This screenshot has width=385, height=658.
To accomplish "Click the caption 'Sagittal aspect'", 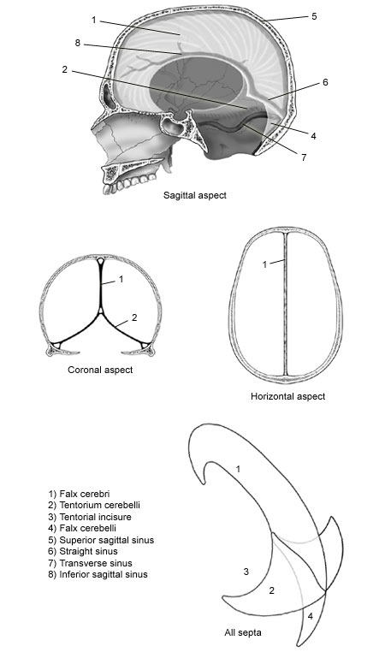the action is tap(194, 195).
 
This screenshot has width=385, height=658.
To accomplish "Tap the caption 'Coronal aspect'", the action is tap(100, 370).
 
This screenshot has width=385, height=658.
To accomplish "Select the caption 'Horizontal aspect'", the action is tap(287, 396).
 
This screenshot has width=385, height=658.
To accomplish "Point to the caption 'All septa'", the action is tap(243, 632).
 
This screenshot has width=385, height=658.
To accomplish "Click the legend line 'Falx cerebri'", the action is tap(80, 494).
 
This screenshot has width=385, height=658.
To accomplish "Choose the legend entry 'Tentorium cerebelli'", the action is tap(94, 505).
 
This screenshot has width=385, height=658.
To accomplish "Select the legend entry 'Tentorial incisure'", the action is tap(90, 517).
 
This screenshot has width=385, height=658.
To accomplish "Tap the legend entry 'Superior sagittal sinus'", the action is tap(101, 540).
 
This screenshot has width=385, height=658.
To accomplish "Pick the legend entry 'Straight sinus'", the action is tap(83, 551).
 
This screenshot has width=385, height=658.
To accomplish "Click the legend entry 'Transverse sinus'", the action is tap(90, 563).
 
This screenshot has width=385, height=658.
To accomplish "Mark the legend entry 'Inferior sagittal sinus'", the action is tap(98, 574).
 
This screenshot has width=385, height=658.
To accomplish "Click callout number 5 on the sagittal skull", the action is tap(314, 17).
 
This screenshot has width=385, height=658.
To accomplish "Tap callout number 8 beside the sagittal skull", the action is tap(78, 44).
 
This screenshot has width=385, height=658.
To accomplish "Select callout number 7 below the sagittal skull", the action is tap(304, 157).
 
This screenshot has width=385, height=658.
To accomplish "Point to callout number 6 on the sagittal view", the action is tap(325, 82).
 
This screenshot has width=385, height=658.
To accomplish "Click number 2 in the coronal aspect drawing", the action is tap(134, 317).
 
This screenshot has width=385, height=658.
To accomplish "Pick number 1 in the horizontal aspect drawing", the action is tap(264, 264).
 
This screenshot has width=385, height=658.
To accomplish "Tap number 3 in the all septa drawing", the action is tap(246, 571).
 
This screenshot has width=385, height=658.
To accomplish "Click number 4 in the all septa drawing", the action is tap(310, 616).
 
